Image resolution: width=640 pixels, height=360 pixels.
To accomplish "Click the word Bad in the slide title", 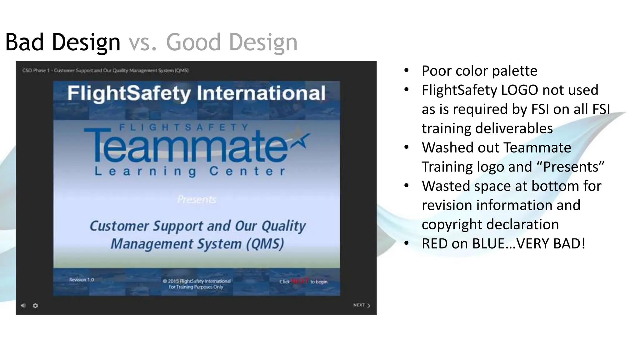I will point(24,42).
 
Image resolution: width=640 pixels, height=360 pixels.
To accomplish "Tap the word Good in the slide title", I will point(193,42).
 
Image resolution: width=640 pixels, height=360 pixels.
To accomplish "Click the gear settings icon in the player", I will point(35,306).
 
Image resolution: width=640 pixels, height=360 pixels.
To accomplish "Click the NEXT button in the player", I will point(362,305).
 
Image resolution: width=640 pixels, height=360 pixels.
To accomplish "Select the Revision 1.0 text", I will point(82,280).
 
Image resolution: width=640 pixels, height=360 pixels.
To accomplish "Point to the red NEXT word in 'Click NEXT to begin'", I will point(300,281).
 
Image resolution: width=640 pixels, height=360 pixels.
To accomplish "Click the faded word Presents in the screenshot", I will point(197,199).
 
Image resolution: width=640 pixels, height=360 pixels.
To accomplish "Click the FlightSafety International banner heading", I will point(197,93).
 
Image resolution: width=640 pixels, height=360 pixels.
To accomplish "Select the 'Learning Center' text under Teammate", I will point(190,171).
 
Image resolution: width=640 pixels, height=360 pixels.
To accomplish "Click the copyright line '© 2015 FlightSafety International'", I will point(197,281).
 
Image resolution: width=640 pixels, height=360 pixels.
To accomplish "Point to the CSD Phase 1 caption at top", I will point(105,71).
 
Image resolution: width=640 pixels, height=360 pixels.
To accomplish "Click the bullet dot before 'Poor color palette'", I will point(406,71).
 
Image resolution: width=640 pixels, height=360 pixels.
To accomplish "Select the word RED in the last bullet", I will point(435,244).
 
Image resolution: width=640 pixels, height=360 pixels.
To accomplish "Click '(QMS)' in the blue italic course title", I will point(265,244).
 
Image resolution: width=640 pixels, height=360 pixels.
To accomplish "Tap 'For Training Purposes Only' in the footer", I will point(196,287).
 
